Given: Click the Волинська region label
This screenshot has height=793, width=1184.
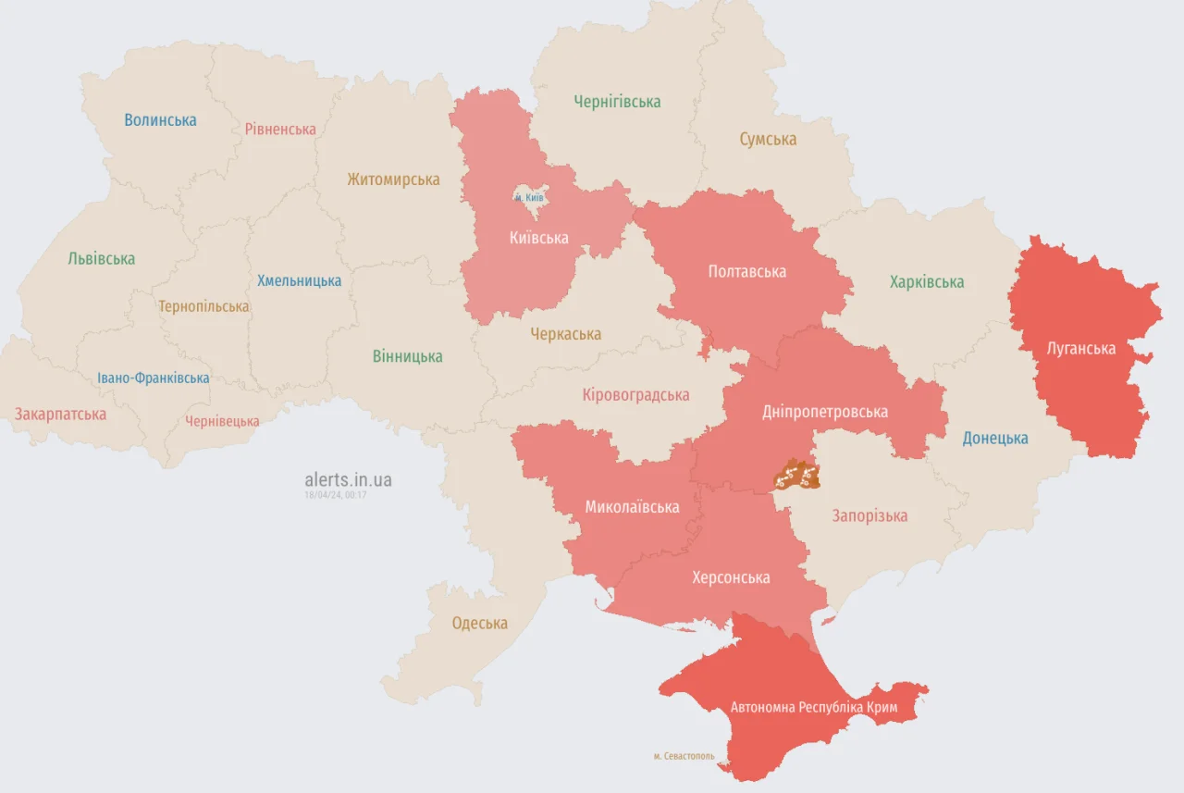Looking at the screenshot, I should point(160,120).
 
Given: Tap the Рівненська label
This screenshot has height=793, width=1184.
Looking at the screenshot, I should point(280,130).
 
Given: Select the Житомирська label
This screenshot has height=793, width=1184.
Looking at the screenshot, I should point(393,180).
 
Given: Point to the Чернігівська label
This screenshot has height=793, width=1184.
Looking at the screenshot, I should point(617,102).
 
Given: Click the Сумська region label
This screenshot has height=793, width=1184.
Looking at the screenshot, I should point(768,140).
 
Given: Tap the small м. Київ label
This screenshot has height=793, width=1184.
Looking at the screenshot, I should point(529,197).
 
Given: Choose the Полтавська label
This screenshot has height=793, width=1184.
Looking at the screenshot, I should point(746,271).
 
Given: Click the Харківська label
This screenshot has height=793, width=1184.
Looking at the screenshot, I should point(926,282).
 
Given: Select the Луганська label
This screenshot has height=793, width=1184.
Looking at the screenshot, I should point(1080,349).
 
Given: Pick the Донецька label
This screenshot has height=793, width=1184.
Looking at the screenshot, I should point(994,439).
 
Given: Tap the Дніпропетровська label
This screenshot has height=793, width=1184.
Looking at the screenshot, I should point(825,412).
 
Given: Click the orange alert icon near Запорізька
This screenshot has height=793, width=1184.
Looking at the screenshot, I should point(796,476).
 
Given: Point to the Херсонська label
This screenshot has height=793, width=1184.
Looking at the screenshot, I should point(731,577).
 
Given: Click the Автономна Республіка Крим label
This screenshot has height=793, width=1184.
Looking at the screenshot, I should point(813,708).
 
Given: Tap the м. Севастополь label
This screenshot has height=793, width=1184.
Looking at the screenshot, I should point(684,756).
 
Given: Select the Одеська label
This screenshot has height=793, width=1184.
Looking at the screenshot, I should point(479,624).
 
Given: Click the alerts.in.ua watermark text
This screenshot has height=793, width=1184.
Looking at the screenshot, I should point(348,479).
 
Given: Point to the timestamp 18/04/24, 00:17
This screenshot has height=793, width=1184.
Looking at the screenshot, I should point(336,495).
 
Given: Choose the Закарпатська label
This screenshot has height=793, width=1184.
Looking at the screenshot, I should point(60,415).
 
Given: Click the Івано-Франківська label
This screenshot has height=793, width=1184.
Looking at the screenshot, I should point(154,378).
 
